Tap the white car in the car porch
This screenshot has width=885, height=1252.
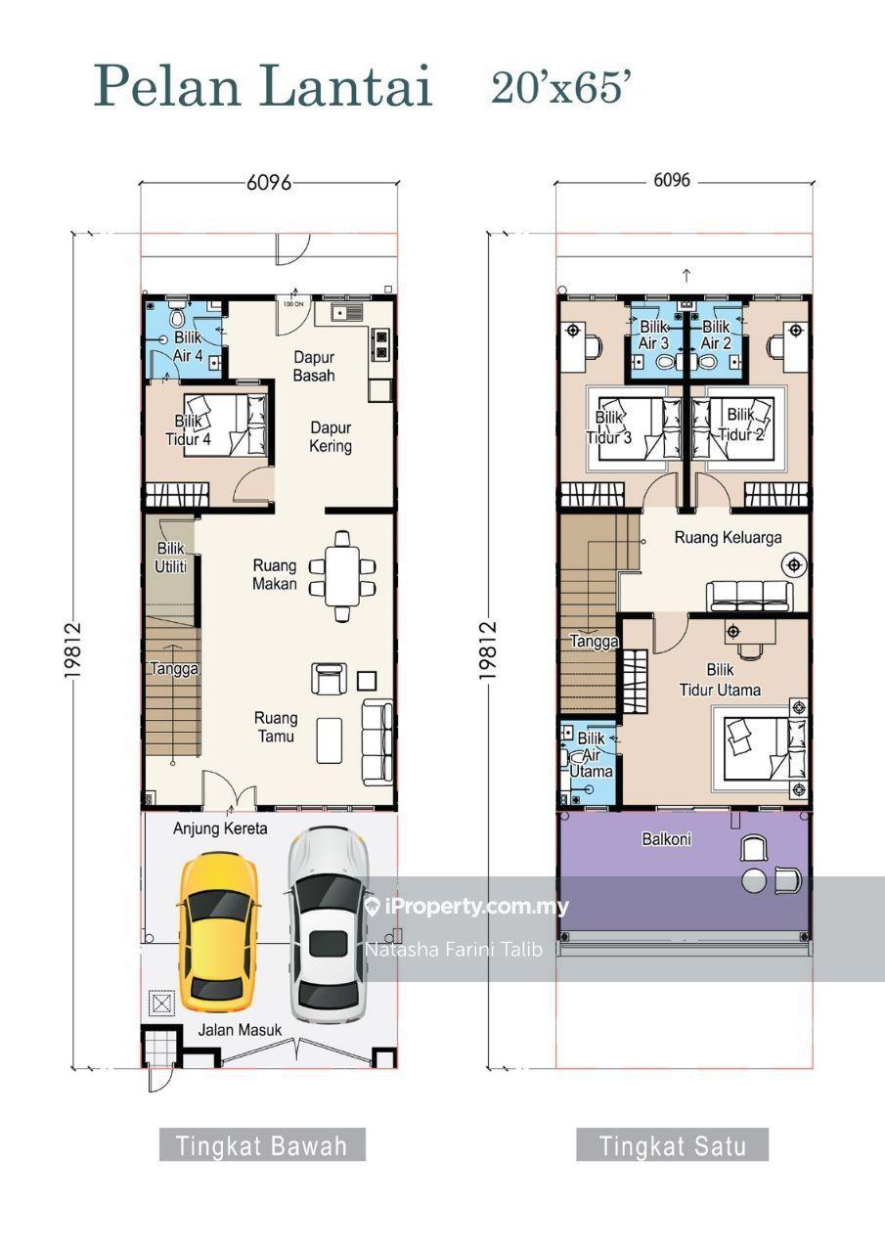tap(329, 925)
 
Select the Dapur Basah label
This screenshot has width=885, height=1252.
tap(314, 366)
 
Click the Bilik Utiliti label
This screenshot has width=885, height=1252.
tap(170, 557)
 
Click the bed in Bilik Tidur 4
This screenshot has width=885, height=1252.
tap(226, 425)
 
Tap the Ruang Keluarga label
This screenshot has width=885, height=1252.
tap(728, 537)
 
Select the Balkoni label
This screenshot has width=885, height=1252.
tap(667, 838)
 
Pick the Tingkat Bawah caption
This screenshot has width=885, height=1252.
tap(262, 1145)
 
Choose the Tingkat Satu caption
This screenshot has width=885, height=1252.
tap(673, 1145)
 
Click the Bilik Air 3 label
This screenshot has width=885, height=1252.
tap(653, 335)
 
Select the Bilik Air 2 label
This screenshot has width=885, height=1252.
tap(716, 335)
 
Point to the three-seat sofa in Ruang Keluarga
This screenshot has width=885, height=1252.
tap(749, 596)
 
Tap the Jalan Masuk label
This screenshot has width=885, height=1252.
tap(241, 1030)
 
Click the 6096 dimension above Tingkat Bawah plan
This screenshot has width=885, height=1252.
tap(269, 183)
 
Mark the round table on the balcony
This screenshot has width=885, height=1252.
tap(754, 880)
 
